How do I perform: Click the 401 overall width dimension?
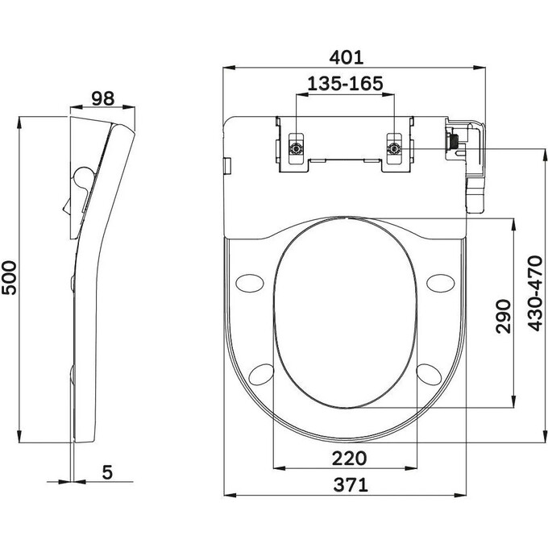point(347,57)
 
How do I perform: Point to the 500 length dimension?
point(9,279)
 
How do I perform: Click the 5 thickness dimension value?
point(108,473)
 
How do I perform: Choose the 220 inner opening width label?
point(349,458)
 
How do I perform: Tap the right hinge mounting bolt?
point(394,148)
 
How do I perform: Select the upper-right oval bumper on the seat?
point(441,281)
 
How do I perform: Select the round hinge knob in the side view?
point(81,177)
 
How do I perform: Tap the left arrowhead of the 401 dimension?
point(227,69)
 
